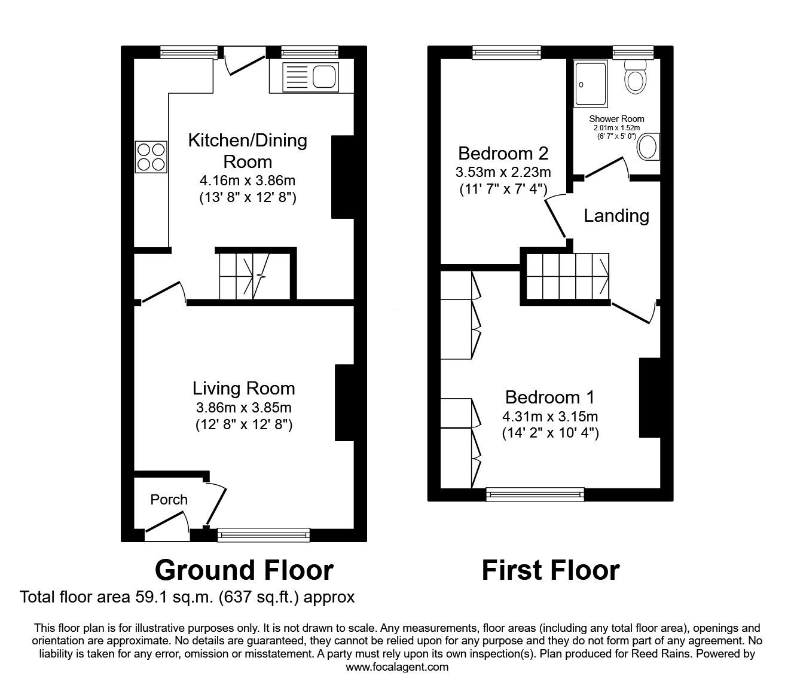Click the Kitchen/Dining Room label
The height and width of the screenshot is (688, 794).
(248, 151)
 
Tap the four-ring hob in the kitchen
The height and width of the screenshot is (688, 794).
(151, 156)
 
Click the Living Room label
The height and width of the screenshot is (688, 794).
(243, 389)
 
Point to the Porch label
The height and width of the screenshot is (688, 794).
(169, 499)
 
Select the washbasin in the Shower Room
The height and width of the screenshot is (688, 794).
(648, 147)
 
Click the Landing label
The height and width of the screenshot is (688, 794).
(616, 215)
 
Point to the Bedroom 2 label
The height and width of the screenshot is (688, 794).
(503, 153)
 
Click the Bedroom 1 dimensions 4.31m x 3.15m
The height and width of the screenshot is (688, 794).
(550, 417)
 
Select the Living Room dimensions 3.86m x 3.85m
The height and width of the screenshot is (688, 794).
(243, 408)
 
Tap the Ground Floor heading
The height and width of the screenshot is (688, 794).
(243, 570)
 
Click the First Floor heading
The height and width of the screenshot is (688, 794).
(550, 570)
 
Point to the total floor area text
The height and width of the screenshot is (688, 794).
(187, 597)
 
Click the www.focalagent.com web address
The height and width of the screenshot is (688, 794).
(397, 666)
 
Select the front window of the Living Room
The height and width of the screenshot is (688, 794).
(264, 534)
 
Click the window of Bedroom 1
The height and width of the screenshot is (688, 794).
(535, 494)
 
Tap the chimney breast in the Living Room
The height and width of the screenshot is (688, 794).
(345, 402)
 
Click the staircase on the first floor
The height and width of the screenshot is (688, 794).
(567, 276)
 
